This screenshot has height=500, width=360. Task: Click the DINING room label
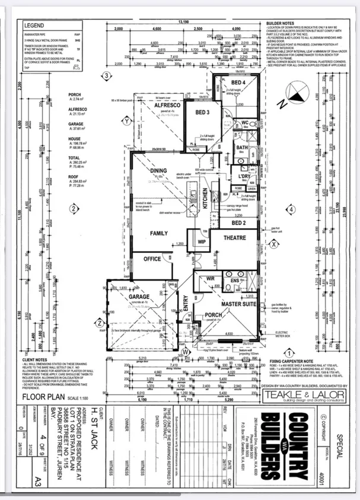pyautogui.click(x=157, y=171)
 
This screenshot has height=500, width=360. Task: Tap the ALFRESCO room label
pyautogui.click(x=159, y=106)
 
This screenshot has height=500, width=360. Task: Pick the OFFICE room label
pyautogui.click(x=152, y=259)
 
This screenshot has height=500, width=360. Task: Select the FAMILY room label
pyautogui.click(x=159, y=233)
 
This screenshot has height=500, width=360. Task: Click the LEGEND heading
pyautogui.click(x=34, y=27)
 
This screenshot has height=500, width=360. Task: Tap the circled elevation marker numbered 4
pyautogui.click(x=291, y=209)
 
